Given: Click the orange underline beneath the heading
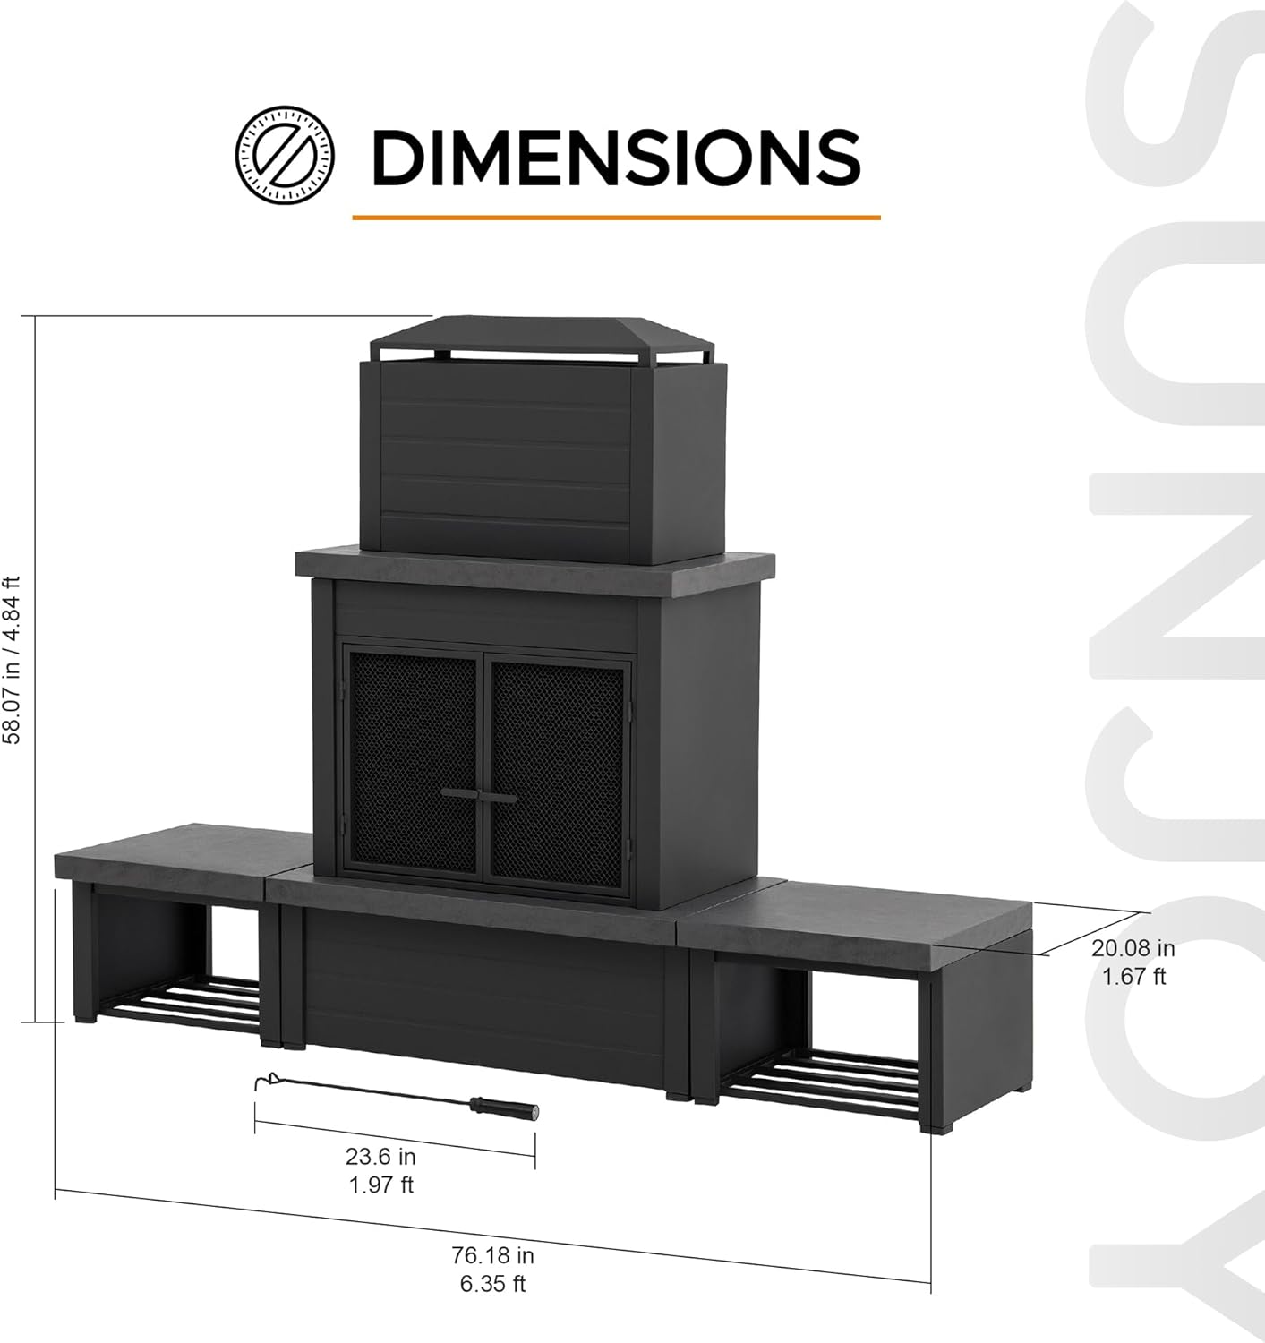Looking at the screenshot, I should pos(616,217).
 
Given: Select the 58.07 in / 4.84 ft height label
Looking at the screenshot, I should pos(13,661).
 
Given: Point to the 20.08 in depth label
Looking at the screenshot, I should pos(1133,948).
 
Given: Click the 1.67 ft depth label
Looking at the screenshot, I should pos(1133,976).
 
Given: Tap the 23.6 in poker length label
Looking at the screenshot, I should pos(380,1156).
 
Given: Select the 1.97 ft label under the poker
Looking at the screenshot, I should pos(380,1185).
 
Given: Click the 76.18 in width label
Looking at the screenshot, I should pos(492,1256).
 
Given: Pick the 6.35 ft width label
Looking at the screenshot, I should pos(492,1284).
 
